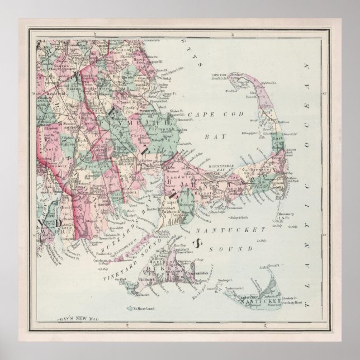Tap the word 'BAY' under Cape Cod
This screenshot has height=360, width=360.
[x=215, y=136]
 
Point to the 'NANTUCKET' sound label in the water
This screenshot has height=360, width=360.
[x=233, y=229]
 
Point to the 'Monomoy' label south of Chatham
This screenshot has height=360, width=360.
[x=287, y=215]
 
